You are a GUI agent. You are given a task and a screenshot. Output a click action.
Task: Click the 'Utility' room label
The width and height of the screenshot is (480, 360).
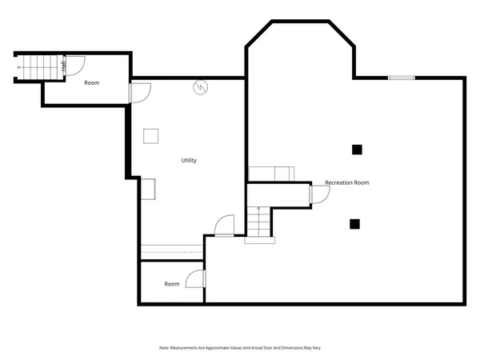pyautogui.click(x=188, y=161)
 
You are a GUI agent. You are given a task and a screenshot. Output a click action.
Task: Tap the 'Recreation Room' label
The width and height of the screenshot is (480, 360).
pyautogui.click(x=346, y=183)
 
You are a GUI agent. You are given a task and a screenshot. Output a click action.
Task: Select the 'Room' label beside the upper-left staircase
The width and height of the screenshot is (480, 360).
pyautogui.click(x=92, y=83)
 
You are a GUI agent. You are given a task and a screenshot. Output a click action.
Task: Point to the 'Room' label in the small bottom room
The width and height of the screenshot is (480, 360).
pyautogui.click(x=172, y=284)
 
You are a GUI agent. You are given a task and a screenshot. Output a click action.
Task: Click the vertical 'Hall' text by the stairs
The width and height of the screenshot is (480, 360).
pyautogui.click(x=64, y=68)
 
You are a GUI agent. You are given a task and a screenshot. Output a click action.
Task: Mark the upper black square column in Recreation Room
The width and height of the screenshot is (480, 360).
pyautogui.click(x=357, y=150)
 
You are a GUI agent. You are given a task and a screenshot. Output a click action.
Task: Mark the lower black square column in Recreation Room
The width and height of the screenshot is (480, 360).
pyautogui.click(x=354, y=224)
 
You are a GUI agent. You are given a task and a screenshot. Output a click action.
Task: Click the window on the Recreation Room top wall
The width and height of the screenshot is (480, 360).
pyautogui.click(x=402, y=78)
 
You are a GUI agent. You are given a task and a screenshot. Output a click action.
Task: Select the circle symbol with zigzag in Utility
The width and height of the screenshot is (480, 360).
pyautogui.click(x=201, y=87)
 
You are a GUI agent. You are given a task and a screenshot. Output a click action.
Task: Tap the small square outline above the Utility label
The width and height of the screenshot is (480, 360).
pyautogui.click(x=150, y=136)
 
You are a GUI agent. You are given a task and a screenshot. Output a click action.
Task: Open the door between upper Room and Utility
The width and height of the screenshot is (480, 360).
pyautogui.click(x=138, y=93)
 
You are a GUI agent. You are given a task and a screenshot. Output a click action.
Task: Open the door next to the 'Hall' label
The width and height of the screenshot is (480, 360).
pyautogui.click(x=75, y=66)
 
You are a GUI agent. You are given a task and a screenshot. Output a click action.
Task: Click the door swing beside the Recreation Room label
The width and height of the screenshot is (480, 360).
pyautogui.click(x=318, y=194)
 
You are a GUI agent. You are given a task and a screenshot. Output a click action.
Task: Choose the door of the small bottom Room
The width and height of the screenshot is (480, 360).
pyautogui.click(x=196, y=279)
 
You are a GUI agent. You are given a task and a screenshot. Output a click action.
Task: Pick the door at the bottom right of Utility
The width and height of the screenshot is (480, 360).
pyautogui.click(x=224, y=226)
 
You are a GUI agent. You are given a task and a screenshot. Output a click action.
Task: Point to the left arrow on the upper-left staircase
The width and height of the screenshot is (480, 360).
pyautogui.click(x=19, y=68)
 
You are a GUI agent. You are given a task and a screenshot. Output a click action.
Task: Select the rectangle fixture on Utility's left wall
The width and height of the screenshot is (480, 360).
pyautogui.click(x=148, y=189)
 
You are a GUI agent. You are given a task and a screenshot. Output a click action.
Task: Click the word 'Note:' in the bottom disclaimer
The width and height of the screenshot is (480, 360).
pyautogui.click(x=164, y=348)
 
